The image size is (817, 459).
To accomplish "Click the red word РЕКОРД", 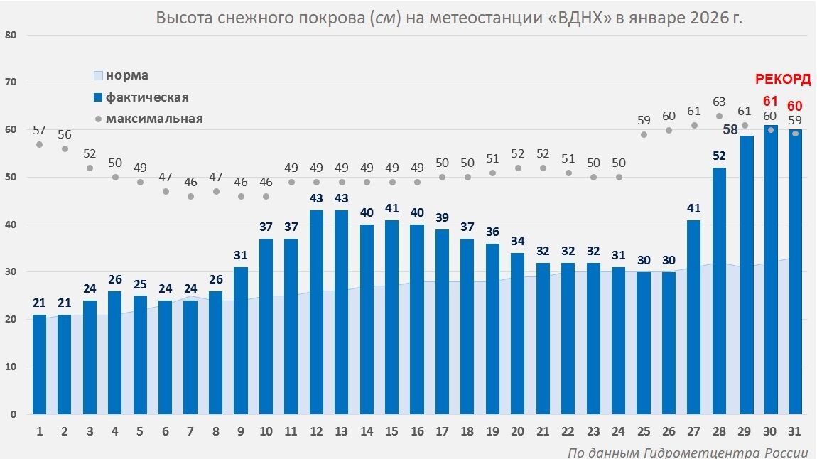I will pos(783,80).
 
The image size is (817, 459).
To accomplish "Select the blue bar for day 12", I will pos(317,312).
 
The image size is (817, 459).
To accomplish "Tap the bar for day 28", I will pos(720,291).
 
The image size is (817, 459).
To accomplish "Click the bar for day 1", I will pos(40,364).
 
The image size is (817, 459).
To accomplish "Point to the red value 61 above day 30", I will pos(770,102).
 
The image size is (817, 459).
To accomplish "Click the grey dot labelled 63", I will pos(720,116).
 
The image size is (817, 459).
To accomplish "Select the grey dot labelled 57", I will pos(40,144).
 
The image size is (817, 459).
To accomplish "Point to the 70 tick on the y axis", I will pos(11,82).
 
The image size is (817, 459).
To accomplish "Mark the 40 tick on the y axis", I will pos(11,225).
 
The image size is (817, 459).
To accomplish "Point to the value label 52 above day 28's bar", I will pos(720,156).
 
